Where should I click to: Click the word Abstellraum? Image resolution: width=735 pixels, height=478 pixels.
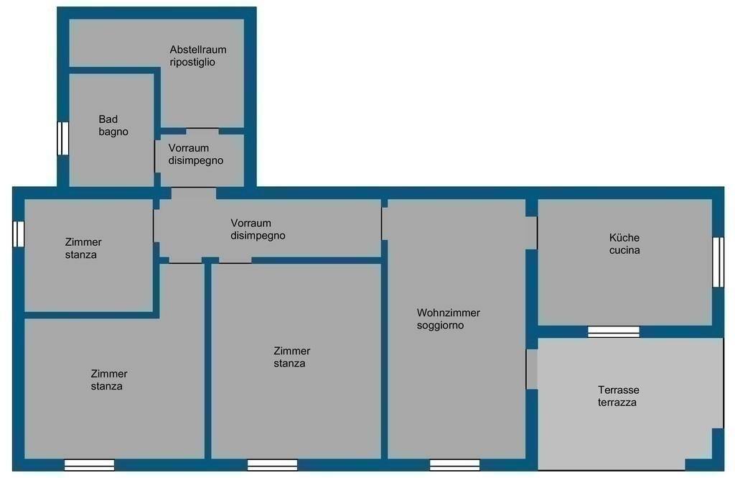coord(198,50)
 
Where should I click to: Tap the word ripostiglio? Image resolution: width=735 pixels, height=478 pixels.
coord(192,62)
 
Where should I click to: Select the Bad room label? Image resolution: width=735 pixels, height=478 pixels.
coord(108,119)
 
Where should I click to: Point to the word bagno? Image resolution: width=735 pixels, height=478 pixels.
coord(113,132)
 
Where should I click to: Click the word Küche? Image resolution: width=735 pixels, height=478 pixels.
coord(624,238)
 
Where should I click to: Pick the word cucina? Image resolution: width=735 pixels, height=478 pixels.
coord(624,250)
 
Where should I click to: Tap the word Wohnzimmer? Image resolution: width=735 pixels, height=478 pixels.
coord(448,313)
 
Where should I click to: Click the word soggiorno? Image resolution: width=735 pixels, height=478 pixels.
coord(440,326)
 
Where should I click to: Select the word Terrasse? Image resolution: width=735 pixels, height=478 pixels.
coord(618,390)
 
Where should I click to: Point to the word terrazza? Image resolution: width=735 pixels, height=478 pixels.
coord(617,403)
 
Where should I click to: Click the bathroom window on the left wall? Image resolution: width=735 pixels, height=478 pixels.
coord(63,139)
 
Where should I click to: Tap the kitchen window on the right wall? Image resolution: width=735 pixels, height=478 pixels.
coord(718,262)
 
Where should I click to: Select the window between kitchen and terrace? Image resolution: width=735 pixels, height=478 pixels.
coord(614,331)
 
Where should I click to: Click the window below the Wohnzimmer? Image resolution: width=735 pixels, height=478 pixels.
coord(454,465)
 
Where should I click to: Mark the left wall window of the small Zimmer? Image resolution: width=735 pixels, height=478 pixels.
coord(18,234)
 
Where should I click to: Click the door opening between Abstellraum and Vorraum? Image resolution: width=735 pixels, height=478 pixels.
coord(202,131)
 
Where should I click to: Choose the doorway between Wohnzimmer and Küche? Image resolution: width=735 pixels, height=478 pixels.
coord(531,233)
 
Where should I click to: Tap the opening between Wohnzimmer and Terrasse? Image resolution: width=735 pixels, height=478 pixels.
coord(532,369)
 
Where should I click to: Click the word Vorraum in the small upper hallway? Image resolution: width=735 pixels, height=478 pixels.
coord(189,148)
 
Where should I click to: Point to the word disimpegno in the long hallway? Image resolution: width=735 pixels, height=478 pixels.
coord(258,236)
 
